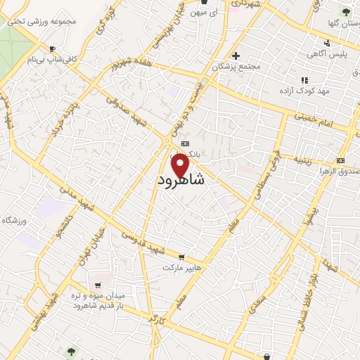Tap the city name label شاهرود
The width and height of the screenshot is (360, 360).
181,181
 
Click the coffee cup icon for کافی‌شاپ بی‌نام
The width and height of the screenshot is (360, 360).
51,49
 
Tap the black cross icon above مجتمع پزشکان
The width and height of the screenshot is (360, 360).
236,56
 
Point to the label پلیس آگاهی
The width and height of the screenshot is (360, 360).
325,53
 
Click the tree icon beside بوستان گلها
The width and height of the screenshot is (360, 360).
345,11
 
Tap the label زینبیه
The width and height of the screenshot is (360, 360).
310,160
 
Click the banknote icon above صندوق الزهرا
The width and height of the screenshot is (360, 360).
343,160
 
